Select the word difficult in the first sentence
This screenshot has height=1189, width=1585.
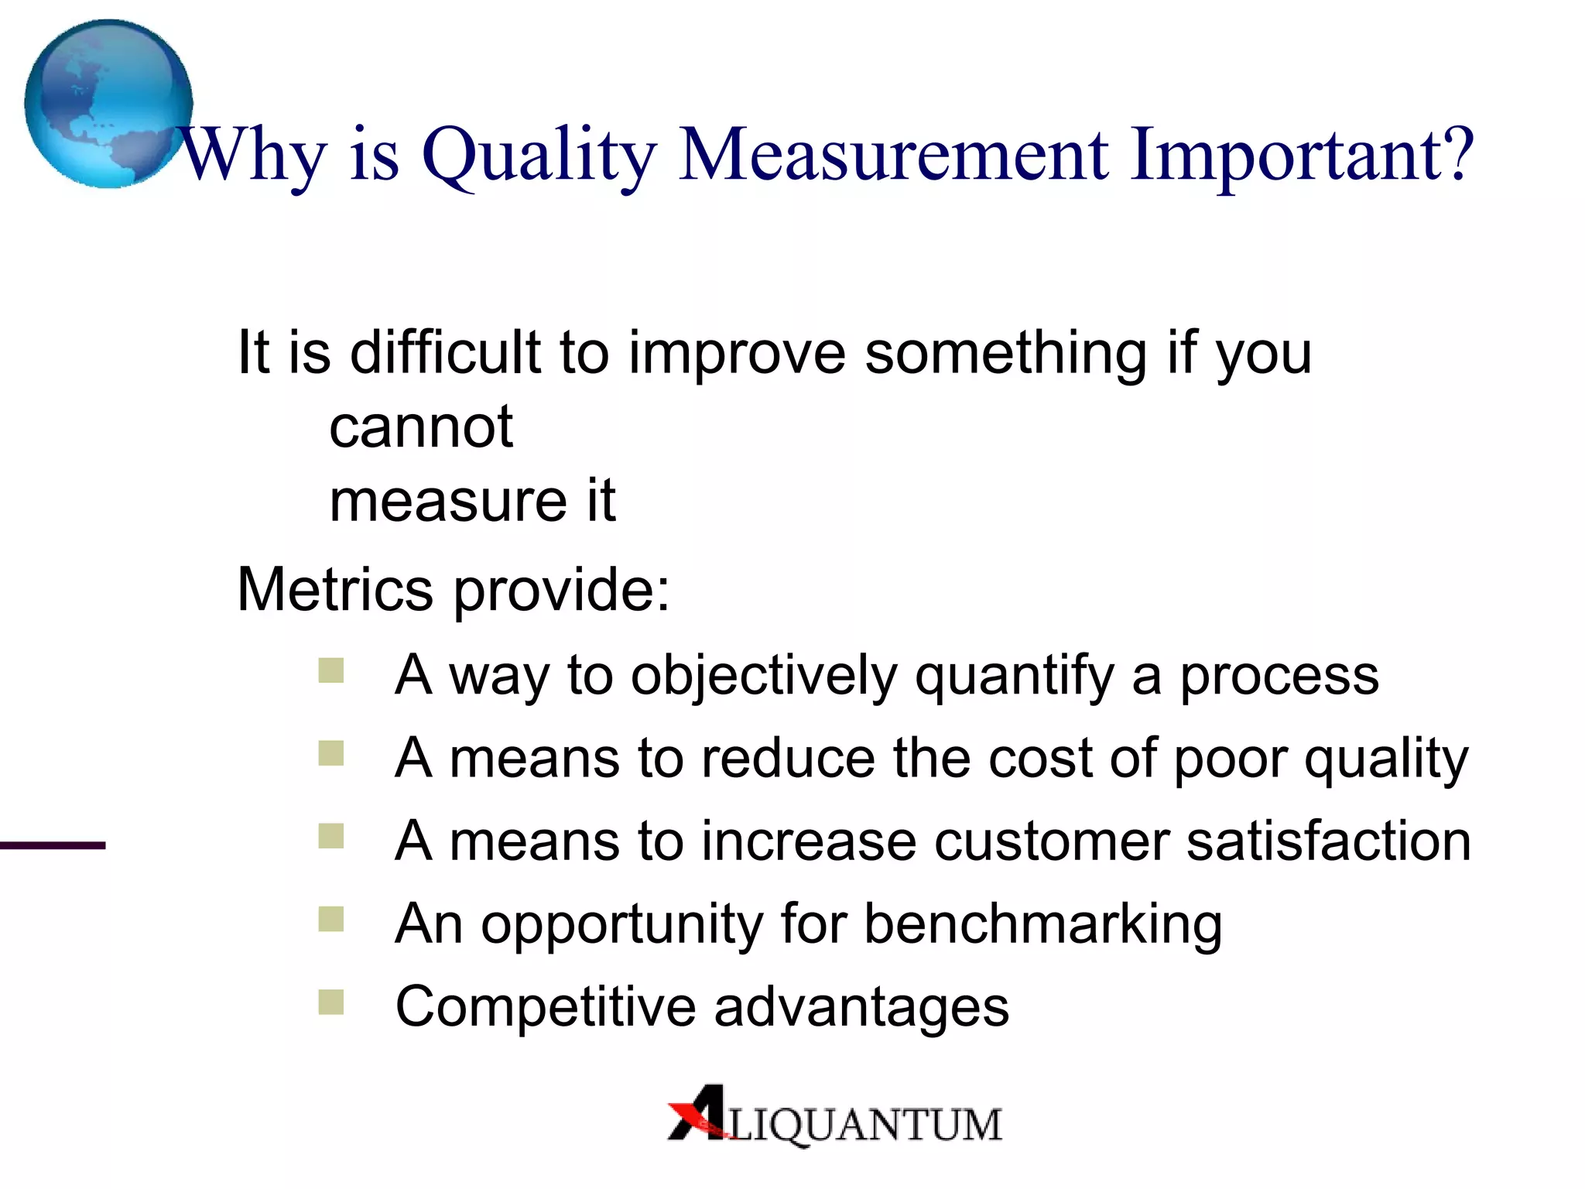coord(445,353)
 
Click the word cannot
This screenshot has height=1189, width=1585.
coord(421,427)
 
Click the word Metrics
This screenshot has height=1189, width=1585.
coord(334,590)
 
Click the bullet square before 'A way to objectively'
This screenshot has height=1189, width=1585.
coord(331,670)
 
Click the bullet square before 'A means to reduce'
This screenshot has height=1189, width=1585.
coord(331,753)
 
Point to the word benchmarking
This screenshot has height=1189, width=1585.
coord(1042,924)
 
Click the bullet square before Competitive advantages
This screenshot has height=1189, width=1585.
coord(331,1002)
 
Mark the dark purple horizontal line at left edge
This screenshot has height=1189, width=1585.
coord(52,845)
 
